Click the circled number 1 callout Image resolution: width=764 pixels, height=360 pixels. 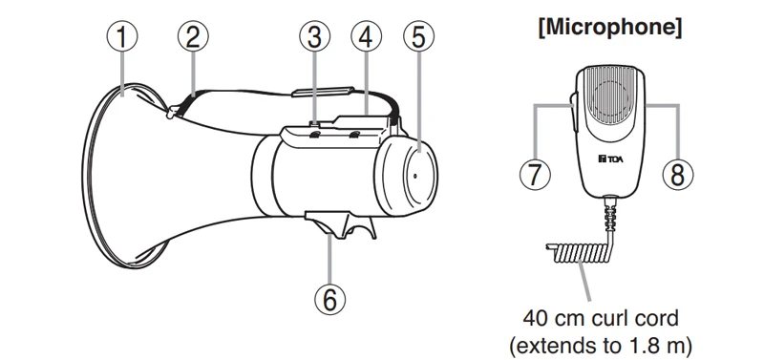pyautogui.click(x=122, y=37)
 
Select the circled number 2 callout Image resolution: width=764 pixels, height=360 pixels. pyautogui.click(x=193, y=37)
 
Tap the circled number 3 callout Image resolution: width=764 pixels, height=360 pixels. pyautogui.click(x=315, y=37)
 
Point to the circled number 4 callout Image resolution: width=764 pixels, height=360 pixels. pyautogui.click(x=367, y=37)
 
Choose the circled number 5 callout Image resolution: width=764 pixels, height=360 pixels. pyautogui.click(x=418, y=37)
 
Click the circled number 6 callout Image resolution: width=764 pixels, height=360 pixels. pyautogui.click(x=329, y=300)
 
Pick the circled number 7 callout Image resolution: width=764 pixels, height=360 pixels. pyautogui.click(x=535, y=174)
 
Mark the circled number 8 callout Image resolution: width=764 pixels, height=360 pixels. pyautogui.click(x=678, y=174)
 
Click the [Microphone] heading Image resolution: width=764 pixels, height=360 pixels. pyautogui.click(x=609, y=28)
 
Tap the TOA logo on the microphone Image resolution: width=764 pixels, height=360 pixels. pyautogui.click(x=609, y=158)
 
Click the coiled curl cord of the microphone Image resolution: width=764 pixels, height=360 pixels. pyautogui.click(x=579, y=253)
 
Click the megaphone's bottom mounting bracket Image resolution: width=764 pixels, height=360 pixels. pyautogui.click(x=340, y=224)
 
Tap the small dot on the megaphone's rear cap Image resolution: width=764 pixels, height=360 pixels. pyautogui.click(x=414, y=176)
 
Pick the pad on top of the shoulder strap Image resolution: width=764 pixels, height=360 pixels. pyautogui.click(x=322, y=92)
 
